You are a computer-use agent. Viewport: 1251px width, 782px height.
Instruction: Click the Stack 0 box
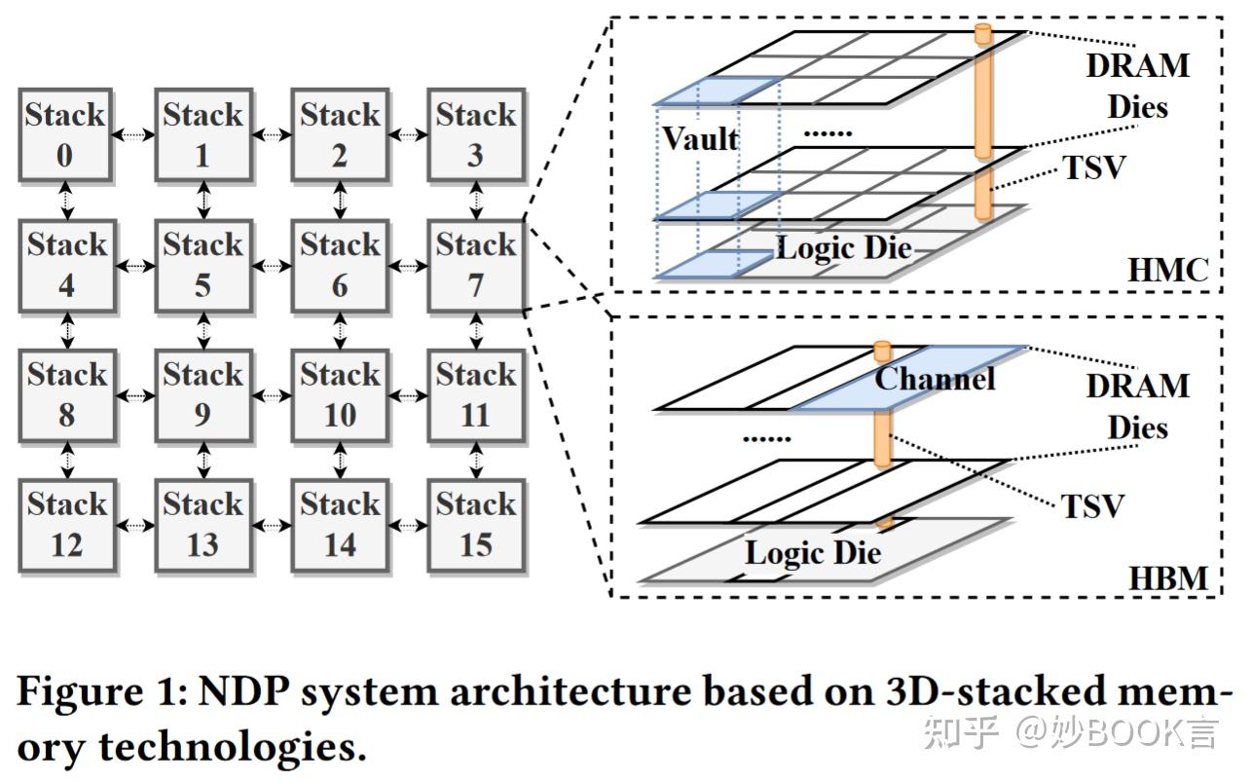(66, 135)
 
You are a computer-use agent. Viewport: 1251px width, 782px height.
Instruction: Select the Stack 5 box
(202, 265)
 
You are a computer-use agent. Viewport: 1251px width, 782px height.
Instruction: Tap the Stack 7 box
(475, 265)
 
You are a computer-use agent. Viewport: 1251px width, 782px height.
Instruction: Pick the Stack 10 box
(339, 394)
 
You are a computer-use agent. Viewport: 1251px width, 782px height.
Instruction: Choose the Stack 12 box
(66, 525)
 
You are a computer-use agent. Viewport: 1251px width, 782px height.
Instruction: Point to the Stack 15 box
(475, 525)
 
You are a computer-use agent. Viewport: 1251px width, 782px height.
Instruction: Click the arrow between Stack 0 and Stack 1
(134, 135)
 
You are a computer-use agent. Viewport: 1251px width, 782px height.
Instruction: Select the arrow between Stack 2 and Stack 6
(340, 200)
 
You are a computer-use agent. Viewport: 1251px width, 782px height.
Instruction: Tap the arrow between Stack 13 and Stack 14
(271, 525)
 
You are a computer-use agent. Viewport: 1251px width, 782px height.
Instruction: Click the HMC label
(1167, 270)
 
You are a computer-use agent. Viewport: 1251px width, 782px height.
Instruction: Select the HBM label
(1167, 578)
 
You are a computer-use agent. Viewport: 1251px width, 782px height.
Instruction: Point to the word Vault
(700, 139)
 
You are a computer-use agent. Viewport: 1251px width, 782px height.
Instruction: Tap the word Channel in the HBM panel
(935, 378)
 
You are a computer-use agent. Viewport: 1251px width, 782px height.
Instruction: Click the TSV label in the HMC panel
(1093, 168)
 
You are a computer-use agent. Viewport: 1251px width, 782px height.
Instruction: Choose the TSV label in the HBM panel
(1092, 506)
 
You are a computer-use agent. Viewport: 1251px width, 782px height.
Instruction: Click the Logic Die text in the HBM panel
(813, 553)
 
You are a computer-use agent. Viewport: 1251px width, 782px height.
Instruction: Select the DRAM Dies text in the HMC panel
(1137, 86)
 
